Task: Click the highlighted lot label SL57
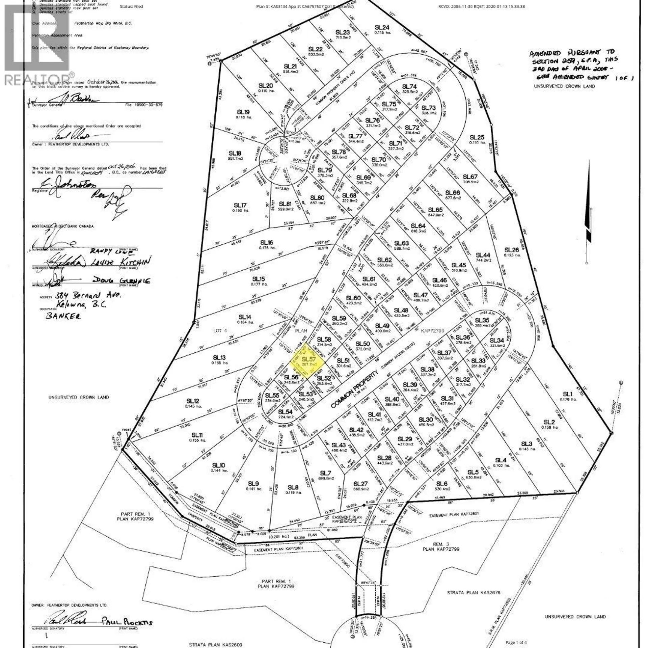coord(308,359)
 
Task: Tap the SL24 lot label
coord(382,27)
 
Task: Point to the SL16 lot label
coord(267,242)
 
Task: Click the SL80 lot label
coord(317,197)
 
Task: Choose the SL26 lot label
coord(511,250)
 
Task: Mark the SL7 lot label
coord(325,473)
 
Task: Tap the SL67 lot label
coord(470,177)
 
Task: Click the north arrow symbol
coord(589,233)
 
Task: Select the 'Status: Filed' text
coord(131,6)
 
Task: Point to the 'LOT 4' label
coord(220,330)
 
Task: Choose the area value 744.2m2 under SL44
coord(483,261)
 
